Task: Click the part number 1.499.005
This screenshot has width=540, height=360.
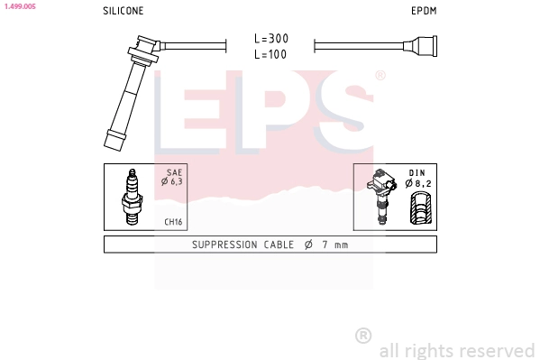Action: coord(20,6)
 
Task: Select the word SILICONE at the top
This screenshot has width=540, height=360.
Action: coord(124,11)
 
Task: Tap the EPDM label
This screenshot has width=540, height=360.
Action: coord(424,11)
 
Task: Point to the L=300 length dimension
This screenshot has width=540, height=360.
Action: coord(271,38)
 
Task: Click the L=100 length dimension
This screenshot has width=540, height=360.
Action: coord(270,54)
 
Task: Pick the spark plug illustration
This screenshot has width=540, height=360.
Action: coord(132,197)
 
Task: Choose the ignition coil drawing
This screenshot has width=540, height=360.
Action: coord(381,196)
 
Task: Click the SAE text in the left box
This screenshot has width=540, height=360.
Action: coord(174,172)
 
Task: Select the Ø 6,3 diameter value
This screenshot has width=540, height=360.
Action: coord(172,181)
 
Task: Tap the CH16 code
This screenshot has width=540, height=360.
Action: coord(173,222)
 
